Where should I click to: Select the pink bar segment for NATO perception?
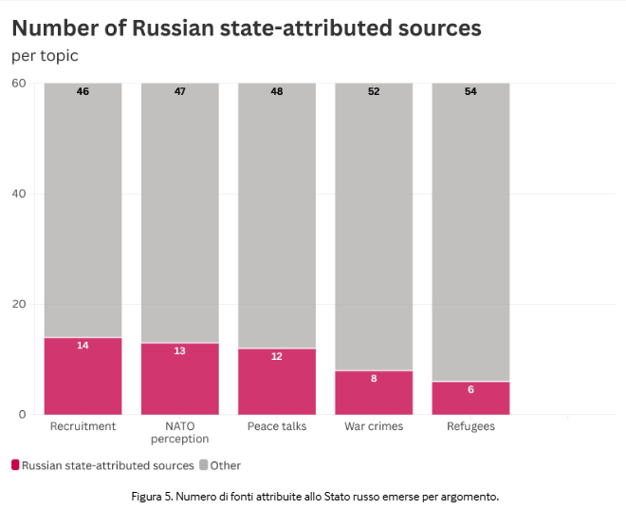pos(179,379)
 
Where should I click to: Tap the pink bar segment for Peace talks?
pos(276,382)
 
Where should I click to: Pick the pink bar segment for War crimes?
pos(374,392)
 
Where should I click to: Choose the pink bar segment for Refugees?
pos(470,398)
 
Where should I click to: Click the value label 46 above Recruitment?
pos(83,92)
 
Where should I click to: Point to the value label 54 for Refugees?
pos(470,92)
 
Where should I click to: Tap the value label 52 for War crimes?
pos(374,92)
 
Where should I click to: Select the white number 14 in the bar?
pos(83,346)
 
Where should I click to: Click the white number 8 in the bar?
pos(374,379)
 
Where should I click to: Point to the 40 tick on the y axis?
pos(18,194)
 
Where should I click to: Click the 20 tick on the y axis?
pos(18,305)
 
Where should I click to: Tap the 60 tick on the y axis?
pos(18,84)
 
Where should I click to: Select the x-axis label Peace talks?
pos(276,426)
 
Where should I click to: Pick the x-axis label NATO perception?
pos(179,432)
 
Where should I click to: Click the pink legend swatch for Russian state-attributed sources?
pos(15,465)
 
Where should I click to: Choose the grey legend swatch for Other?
pos(203,465)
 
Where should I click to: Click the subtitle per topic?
pos(45,56)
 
